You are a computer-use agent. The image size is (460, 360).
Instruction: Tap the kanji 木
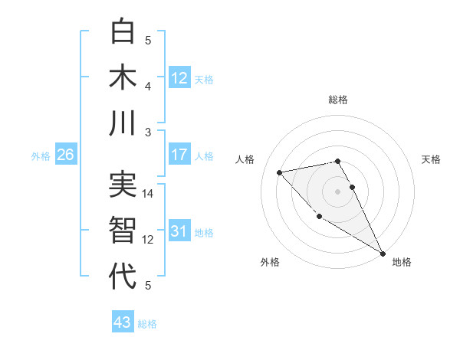click(123, 77)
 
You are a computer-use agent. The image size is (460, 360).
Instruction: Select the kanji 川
click(123, 123)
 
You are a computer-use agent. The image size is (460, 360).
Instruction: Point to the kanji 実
click(123, 185)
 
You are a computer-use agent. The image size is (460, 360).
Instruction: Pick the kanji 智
click(123, 231)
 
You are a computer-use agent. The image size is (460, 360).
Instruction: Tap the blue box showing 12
click(179, 77)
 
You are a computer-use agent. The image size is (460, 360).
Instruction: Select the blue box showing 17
click(179, 155)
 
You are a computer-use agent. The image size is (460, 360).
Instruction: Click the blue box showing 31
click(179, 231)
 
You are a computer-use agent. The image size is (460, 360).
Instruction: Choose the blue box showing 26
click(66, 155)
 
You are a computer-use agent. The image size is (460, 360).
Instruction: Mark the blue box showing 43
click(123, 322)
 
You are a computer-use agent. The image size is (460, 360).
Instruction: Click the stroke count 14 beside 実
click(149, 193)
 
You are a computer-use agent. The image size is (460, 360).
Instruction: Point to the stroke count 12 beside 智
click(149, 239)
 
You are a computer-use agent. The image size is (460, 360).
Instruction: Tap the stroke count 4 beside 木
click(149, 86)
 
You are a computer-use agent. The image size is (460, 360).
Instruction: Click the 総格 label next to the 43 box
click(147, 324)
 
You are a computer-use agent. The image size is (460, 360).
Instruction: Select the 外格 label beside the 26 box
click(41, 156)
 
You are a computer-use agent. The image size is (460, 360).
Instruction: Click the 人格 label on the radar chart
click(245, 159)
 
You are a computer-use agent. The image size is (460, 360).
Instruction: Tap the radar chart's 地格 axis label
click(402, 262)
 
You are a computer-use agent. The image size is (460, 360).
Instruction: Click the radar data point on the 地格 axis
click(383, 254)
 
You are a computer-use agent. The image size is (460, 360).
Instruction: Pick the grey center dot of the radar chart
click(337, 191)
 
